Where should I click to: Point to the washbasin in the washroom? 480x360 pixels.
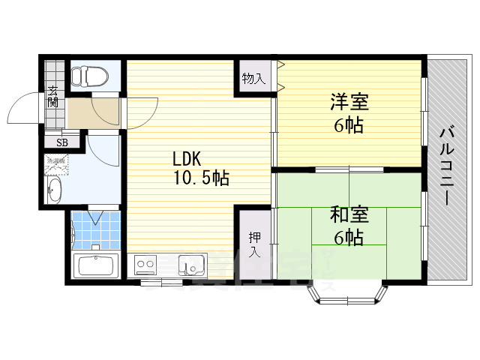(x=55, y=190)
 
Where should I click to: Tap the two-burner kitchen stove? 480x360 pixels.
(x=145, y=264)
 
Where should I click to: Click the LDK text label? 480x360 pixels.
(x=187, y=160)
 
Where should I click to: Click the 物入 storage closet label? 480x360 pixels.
(x=253, y=77)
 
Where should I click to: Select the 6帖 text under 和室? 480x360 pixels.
(x=349, y=238)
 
